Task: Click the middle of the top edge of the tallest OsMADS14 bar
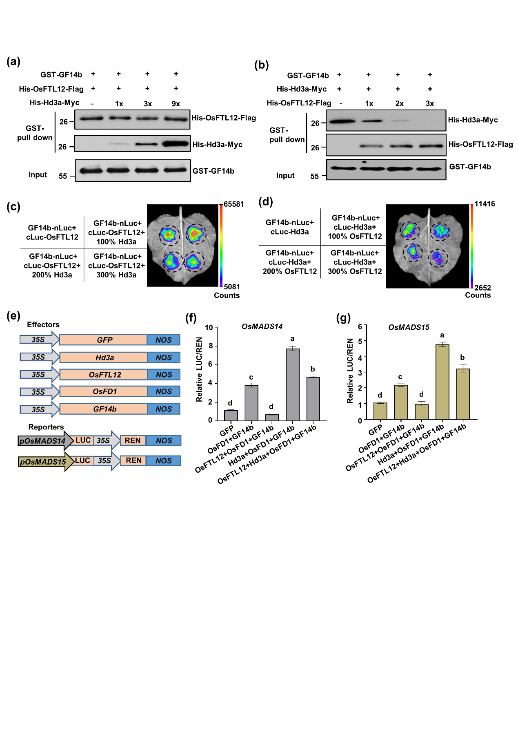point(293,349)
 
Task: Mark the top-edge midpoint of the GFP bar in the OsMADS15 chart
point(380,403)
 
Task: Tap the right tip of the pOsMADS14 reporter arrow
point(74,440)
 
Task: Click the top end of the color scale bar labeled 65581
point(221,204)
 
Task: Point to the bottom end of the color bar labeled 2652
point(471,288)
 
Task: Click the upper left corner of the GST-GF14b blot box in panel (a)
point(75,160)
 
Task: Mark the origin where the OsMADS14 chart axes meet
point(217,420)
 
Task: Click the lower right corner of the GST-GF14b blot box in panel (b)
point(446,180)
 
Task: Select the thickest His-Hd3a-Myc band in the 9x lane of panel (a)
point(176,144)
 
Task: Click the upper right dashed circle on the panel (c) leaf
point(196,234)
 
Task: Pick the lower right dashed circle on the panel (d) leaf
point(438,258)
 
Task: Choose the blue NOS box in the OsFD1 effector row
point(164,391)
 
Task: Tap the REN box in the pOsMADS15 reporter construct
point(133,461)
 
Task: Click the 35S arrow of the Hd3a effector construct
point(40,357)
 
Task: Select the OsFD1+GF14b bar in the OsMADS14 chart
point(251,403)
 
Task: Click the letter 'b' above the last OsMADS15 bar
point(462,358)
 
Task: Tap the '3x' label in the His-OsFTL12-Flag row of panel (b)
point(430,103)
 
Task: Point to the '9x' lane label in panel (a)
point(176,104)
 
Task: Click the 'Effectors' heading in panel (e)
point(43,324)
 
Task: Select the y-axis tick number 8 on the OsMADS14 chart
point(211,346)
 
